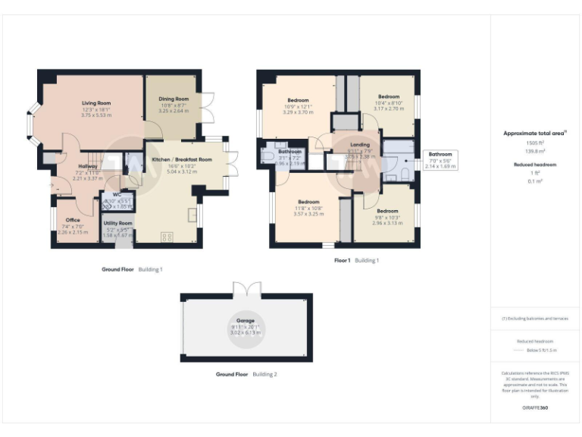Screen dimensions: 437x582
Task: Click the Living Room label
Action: point(96,103)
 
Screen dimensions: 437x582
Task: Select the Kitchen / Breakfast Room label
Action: point(181,160)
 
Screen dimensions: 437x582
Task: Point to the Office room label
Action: point(73,220)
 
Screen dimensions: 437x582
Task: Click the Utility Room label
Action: point(117,224)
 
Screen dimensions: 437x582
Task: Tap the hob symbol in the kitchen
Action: point(167,237)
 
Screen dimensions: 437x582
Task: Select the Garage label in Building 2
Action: point(245,321)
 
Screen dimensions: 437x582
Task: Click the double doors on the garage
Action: point(246,289)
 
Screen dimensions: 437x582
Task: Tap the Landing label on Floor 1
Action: point(361,144)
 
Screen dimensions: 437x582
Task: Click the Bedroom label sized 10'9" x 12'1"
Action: point(298,100)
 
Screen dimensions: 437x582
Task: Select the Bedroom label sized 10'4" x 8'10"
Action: point(388,96)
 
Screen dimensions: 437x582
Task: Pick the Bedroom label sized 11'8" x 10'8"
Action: point(308,202)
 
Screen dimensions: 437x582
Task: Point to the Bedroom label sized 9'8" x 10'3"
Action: point(387,211)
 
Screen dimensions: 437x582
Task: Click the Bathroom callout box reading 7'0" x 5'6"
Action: point(440,160)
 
